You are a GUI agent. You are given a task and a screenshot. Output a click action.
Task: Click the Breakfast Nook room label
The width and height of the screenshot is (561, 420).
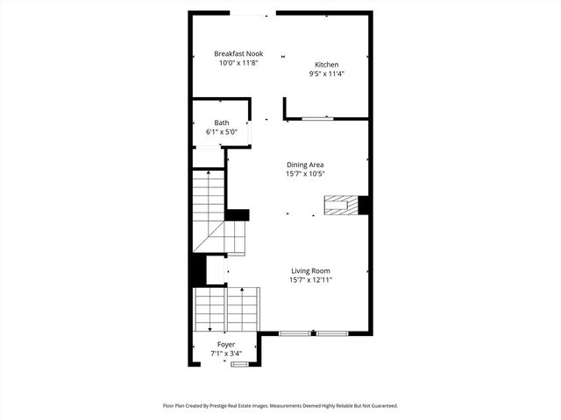(238, 53)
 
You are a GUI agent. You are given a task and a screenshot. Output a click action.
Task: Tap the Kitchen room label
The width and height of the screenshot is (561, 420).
(327, 65)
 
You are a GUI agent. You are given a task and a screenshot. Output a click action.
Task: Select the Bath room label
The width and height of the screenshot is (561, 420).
(222, 123)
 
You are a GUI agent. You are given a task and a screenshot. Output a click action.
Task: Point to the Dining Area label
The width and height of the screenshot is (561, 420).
(305, 164)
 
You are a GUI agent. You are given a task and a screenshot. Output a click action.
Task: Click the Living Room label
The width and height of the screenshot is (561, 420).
(310, 271)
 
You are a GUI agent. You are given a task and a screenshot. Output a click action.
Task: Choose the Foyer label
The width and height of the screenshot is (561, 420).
(226, 345)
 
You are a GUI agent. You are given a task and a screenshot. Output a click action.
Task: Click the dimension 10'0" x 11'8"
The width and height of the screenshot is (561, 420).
(238, 63)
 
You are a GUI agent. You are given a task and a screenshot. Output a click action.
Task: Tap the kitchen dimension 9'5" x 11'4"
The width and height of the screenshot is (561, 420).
(327, 74)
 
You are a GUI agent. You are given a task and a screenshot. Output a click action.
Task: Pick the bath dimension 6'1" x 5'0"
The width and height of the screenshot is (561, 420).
(222, 132)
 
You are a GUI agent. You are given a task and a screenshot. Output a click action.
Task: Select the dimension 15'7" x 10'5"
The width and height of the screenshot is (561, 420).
(305, 174)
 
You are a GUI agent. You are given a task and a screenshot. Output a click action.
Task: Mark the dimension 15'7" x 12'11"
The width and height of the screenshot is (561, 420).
(310, 281)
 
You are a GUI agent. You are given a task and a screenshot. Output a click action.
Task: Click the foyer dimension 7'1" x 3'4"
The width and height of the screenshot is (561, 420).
(226, 354)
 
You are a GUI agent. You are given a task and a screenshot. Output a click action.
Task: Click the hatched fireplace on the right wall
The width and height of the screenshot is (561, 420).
(341, 206)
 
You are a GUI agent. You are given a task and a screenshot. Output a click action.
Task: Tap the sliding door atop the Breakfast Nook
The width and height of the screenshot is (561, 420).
(252, 14)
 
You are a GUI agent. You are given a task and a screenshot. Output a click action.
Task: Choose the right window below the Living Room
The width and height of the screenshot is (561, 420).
(332, 332)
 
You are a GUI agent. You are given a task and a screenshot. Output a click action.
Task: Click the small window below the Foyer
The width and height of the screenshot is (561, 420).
(239, 364)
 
